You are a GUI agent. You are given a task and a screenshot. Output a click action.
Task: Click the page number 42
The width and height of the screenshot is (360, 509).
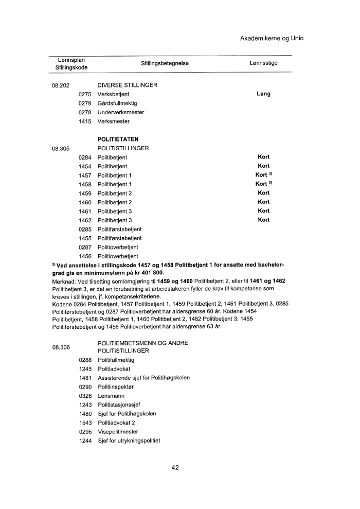[x=175, y=468]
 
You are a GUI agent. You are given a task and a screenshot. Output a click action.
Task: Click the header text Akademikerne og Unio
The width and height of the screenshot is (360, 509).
[x=268, y=39]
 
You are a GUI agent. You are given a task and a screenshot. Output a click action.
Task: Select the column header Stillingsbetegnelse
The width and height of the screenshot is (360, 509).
[x=165, y=63]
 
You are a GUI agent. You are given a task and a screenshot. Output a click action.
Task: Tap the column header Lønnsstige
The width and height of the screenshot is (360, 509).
[x=263, y=63]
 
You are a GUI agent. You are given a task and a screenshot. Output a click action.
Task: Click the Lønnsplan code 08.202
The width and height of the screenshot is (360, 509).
[x=61, y=85]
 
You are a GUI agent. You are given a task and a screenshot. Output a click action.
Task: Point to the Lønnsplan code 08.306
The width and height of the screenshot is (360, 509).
[x=61, y=347]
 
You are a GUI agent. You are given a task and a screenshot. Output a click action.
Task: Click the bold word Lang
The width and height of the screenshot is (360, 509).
[x=263, y=94]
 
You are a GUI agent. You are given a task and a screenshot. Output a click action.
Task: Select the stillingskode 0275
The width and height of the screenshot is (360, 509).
[x=85, y=94]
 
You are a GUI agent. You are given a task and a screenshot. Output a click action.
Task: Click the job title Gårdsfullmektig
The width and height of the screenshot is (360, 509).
[x=117, y=103]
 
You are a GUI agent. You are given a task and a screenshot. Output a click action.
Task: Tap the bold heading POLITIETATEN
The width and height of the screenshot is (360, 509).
[x=118, y=139]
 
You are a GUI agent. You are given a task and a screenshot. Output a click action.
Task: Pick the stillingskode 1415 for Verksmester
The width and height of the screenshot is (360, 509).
[x=85, y=121]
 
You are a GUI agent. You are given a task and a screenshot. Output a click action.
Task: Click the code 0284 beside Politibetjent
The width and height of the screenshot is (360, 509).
[x=85, y=157]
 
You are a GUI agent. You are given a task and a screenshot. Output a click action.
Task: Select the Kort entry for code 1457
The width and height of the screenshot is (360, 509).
[x=262, y=175]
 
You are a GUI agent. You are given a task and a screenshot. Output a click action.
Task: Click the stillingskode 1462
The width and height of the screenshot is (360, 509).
[x=85, y=220]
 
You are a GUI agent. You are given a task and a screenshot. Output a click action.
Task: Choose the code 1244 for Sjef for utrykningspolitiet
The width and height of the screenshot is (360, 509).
[x=85, y=441]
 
